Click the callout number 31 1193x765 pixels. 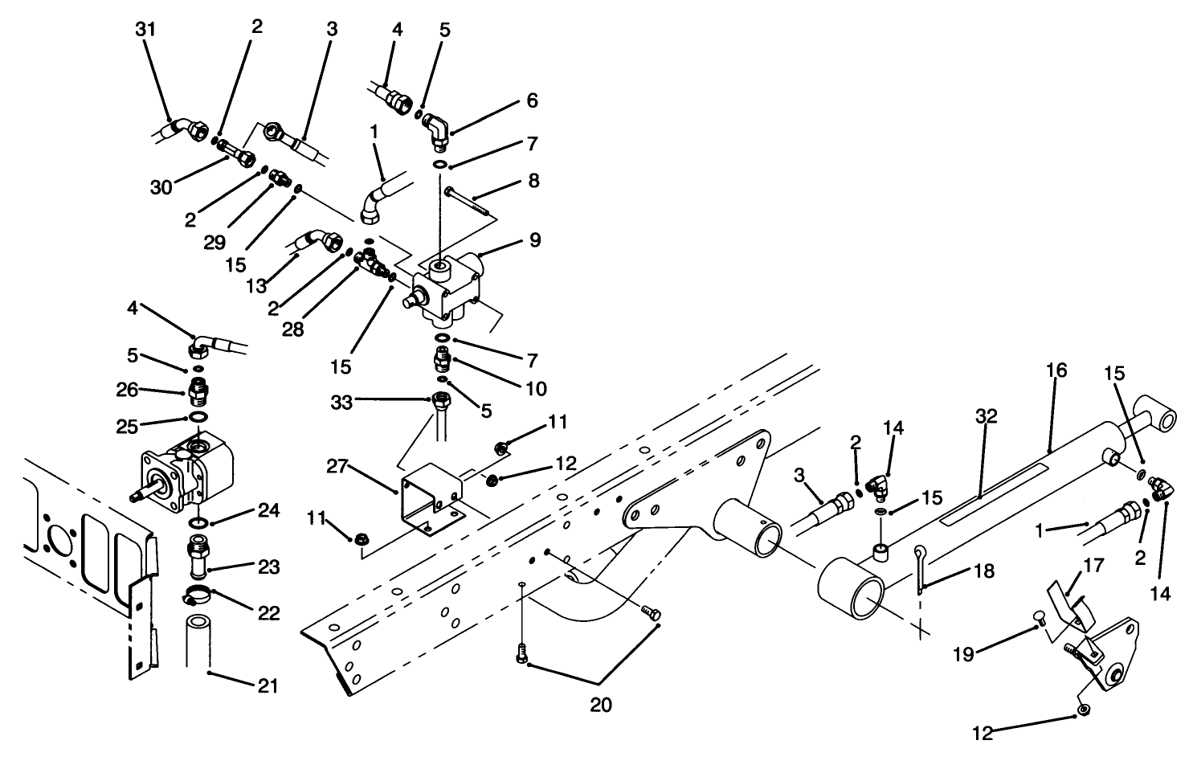click(x=145, y=30)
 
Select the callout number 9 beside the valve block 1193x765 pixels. click(x=535, y=239)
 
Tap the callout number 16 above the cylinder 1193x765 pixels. click(x=1056, y=370)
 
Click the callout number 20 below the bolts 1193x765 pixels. click(x=600, y=705)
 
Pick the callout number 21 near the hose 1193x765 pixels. click(x=268, y=685)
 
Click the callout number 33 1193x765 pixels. click(x=342, y=402)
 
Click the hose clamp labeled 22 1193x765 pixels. click(x=196, y=596)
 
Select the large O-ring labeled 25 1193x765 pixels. click(x=197, y=417)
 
